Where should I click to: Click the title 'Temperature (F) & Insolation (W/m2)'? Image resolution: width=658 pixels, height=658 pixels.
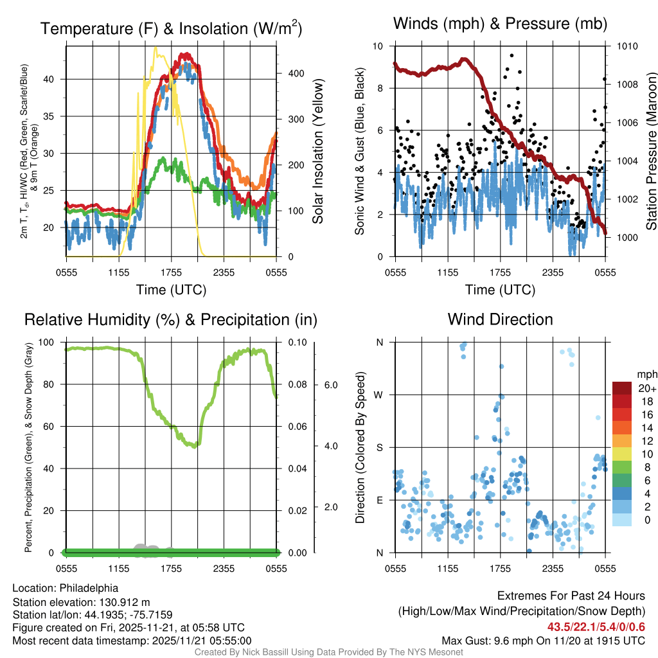click(x=171, y=29)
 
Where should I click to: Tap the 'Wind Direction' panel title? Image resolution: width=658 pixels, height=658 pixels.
click(x=500, y=319)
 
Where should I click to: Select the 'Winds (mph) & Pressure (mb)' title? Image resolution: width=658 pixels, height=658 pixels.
click(x=500, y=24)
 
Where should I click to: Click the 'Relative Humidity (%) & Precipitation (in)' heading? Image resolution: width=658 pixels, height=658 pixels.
click(x=171, y=319)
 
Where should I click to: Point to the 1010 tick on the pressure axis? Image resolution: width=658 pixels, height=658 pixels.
click(x=627, y=46)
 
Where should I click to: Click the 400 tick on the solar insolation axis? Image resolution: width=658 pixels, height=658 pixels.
click(x=290, y=73)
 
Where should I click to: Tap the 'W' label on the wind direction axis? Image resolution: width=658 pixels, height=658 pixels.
click(x=379, y=395)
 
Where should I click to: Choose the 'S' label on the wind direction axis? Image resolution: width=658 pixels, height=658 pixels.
click(x=379, y=447)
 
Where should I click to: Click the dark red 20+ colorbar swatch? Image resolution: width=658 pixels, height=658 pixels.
click(x=623, y=388)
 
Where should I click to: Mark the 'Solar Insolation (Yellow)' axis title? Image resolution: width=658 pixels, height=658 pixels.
click(x=317, y=152)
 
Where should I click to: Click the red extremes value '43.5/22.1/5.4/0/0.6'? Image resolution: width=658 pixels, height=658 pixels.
click(x=596, y=627)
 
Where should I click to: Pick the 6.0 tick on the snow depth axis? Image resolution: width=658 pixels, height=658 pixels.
click(x=330, y=385)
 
